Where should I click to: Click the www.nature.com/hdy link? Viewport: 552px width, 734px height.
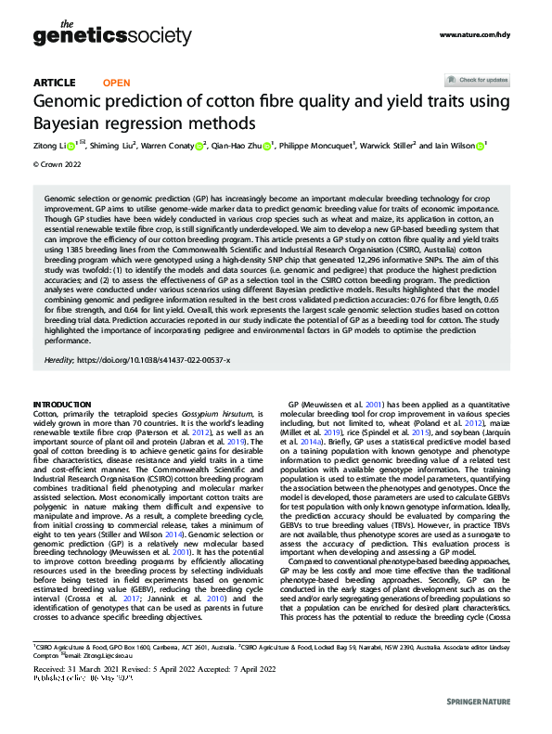474,35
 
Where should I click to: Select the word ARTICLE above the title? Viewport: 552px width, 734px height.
54,83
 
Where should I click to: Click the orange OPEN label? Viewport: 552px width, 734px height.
115,83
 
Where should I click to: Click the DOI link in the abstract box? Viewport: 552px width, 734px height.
167,359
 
